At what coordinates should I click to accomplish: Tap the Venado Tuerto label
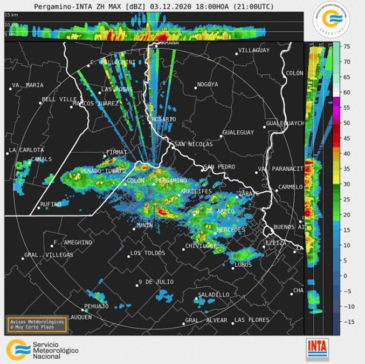pos(99,171)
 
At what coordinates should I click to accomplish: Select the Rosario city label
pos(164,119)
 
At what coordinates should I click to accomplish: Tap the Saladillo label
pos(214,294)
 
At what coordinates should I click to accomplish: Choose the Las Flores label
pos(251,320)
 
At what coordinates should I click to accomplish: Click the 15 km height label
pos(11,15)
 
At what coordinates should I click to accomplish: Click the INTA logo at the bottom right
pos(318,349)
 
